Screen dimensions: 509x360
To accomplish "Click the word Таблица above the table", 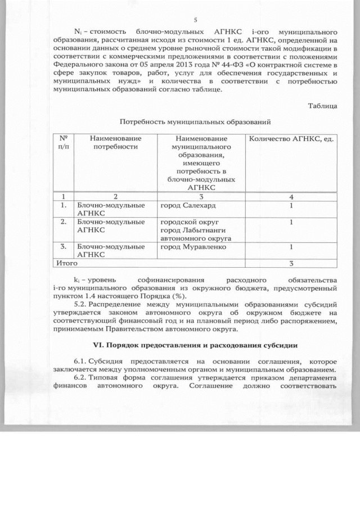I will [322, 106].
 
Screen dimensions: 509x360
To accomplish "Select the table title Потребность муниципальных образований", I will [195, 121].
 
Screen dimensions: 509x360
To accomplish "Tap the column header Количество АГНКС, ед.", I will [291, 138].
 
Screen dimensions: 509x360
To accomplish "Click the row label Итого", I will [64, 263].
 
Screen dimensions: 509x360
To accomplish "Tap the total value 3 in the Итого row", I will [291, 263].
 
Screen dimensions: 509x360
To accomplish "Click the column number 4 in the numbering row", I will [291, 197].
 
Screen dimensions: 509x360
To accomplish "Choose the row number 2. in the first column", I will [64, 222].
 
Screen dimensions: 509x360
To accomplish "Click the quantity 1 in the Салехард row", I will [291, 206].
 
